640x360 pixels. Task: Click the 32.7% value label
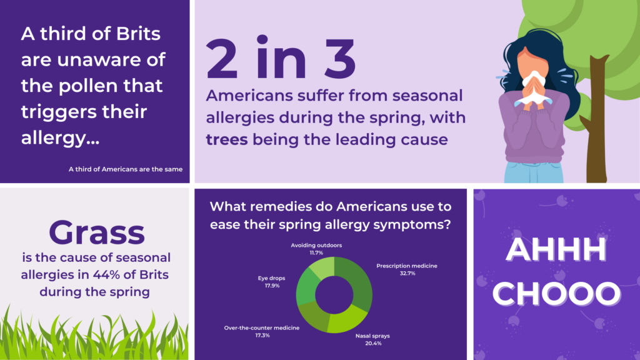(x=407, y=274)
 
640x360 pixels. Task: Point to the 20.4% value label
(x=373, y=344)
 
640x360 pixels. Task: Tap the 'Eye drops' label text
(x=271, y=278)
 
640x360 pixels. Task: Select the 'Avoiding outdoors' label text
(x=316, y=245)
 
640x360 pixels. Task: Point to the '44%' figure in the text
(x=106, y=275)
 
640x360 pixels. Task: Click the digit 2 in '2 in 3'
(x=222, y=59)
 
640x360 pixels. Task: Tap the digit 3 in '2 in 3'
(x=340, y=59)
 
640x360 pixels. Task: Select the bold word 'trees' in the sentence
(x=226, y=139)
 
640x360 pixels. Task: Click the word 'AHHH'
(x=556, y=249)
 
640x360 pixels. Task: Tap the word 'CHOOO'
(x=556, y=294)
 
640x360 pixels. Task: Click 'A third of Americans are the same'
(x=125, y=169)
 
